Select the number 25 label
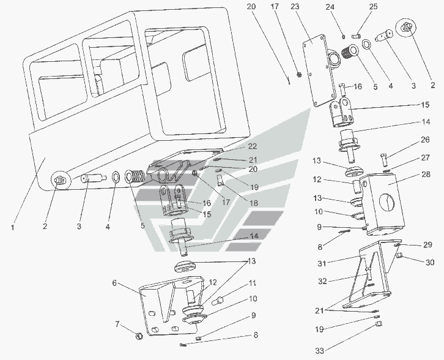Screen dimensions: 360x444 click(x=372, y=7)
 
